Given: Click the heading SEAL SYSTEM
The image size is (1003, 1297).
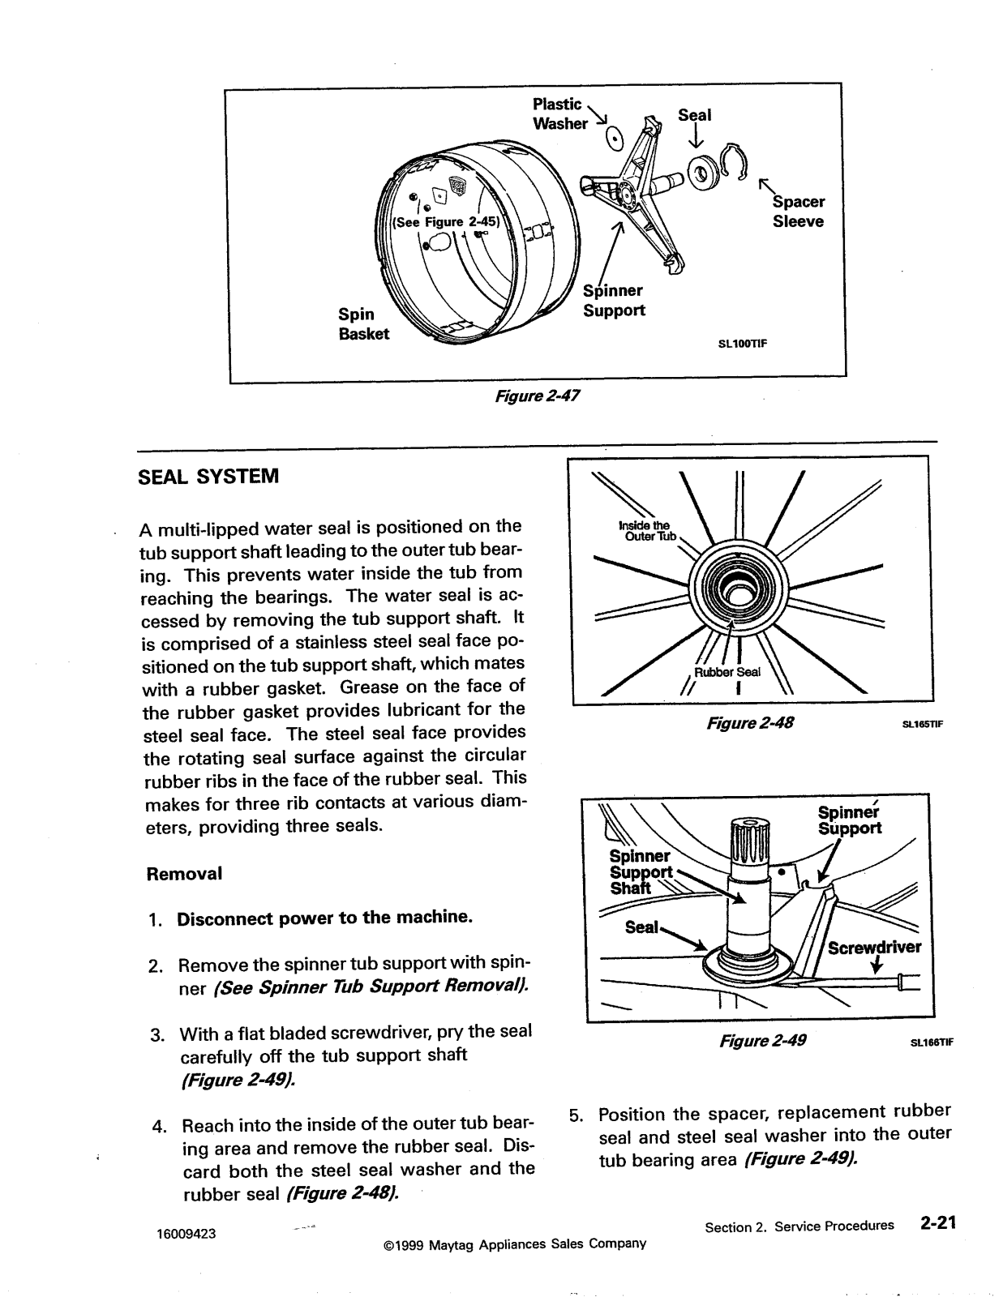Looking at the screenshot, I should (x=208, y=476).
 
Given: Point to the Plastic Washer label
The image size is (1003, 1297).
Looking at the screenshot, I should (x=559, y=114).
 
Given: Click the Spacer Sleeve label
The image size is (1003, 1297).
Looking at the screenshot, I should (x=798, y=212).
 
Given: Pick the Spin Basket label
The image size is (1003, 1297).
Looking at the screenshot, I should (x=363, y=323).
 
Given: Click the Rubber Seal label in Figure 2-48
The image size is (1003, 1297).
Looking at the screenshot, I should (x=727, y=672).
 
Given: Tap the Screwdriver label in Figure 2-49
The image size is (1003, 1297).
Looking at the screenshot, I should (x=874, y=948).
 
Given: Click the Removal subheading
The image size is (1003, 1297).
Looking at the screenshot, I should (x=183, y=874).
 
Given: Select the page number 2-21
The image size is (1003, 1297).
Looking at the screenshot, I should (x=938, y=1224).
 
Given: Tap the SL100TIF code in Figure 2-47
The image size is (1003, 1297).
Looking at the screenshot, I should (x=742, y=343).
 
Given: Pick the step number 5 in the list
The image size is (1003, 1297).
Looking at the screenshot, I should (x=575, y=1115).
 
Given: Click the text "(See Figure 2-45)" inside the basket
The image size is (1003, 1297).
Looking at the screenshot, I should (x=447, y=222).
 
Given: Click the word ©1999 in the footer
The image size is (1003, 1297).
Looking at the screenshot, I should (x=401, y=1243).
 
